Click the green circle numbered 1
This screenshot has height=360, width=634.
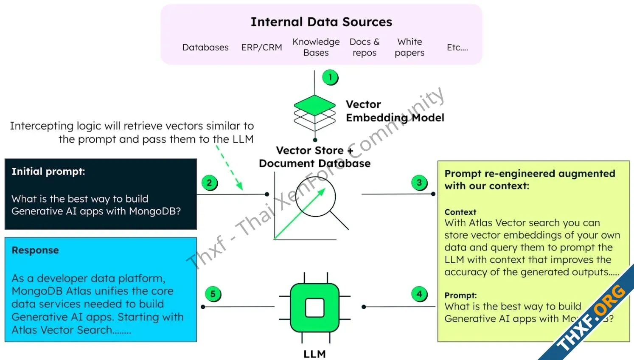pos(330,77)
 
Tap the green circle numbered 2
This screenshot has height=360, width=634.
pos(209,183)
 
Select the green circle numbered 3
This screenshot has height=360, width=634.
pos(419,183)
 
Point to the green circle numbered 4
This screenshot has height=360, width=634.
pos(419,294)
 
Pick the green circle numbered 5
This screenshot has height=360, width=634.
pos(213,294)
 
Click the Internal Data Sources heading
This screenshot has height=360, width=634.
pos(321,22)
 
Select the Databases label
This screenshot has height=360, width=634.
pos(205,48)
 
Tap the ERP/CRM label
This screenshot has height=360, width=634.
pos(261,48)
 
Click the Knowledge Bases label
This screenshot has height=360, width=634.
pos(316,47)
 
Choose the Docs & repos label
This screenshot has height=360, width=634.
pos(365,47)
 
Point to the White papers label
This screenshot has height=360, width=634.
pos(410,47)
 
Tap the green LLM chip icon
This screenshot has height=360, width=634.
pos(314,307)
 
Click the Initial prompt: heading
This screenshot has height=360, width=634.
pos(48,172)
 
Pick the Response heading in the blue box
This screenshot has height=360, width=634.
pos(35,250)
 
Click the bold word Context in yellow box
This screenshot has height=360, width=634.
pos(460,212)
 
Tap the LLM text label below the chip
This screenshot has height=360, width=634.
pos(314,354)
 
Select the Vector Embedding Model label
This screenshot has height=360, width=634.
pos(395,111)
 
